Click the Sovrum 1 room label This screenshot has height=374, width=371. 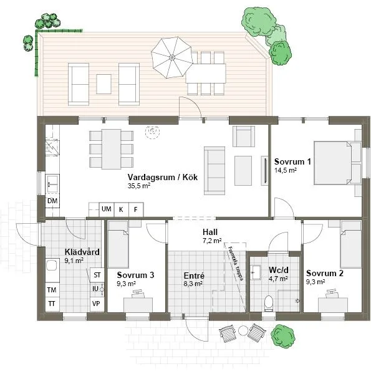tap(293, 162)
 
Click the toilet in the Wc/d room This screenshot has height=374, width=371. tap(268, 304)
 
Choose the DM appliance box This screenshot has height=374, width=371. tap(53, 201)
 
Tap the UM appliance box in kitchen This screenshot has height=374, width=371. tap(107, 209)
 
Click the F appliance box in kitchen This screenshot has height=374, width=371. tap(135, 209)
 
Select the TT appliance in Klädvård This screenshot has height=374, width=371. tap(53, 304)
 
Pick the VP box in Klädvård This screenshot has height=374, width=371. tap(97, 304)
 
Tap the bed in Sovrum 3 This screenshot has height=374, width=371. tap(118, 245)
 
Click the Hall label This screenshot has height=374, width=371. tap(210, 231)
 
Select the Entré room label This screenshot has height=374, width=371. tap(194, 275)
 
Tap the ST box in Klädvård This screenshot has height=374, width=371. tap(97, 275)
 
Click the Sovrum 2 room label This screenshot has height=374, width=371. tap(325, 273)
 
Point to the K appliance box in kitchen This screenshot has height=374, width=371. tap(121, 209)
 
